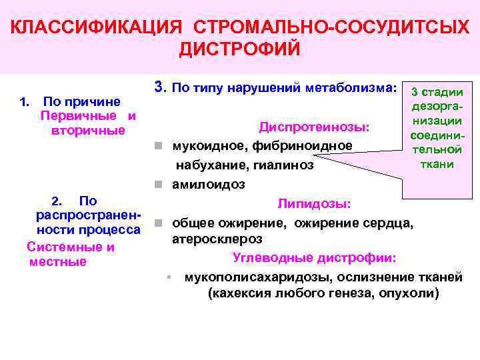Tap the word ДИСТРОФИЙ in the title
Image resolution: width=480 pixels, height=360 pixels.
coord(240,50)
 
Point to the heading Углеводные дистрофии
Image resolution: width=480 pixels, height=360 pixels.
coord(315,257)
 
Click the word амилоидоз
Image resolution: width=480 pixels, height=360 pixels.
coord(209,183)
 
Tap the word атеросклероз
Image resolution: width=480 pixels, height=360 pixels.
coord(217,239)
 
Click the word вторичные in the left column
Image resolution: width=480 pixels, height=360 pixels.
coord(88,130)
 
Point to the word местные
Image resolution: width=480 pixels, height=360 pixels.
coord(58,262)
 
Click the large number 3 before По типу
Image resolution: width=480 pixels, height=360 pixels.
coord(159,87)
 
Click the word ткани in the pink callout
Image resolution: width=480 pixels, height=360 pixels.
coord(437,164)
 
